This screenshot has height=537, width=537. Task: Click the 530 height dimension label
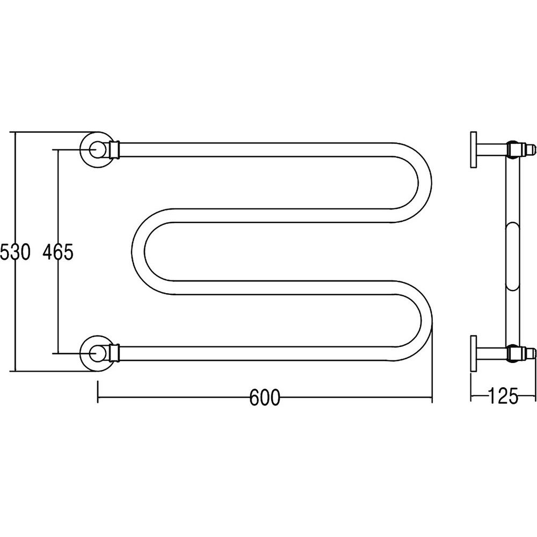15,252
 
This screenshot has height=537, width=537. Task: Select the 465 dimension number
58,252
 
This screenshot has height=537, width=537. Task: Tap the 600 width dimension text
265,397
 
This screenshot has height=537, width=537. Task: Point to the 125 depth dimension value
503,396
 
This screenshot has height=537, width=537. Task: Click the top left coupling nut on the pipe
114,150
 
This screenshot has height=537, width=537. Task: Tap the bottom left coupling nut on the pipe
114,353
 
